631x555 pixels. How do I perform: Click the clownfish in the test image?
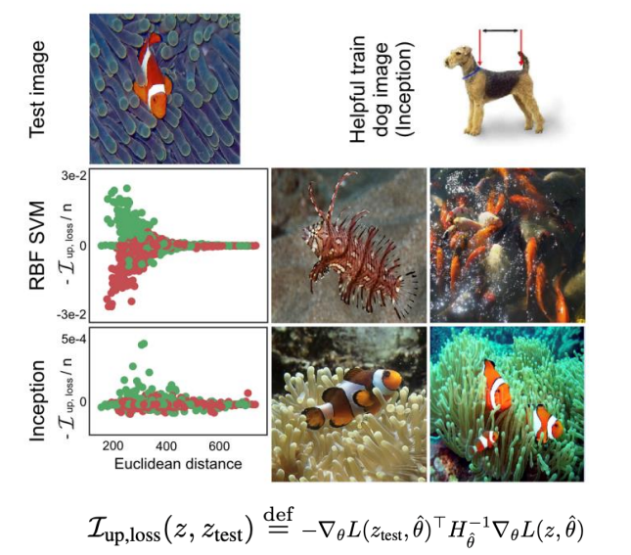pos(153,76)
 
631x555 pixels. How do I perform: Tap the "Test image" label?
pos(37,90)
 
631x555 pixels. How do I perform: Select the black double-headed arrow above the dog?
pos(500,30)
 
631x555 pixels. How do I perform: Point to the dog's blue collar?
pos(471,73)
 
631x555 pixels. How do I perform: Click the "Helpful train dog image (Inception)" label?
pos(382,89)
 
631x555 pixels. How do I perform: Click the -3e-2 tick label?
pos(71,314)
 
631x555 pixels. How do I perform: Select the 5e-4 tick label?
pos(73,339)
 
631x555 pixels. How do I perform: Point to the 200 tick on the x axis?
pos(113,446)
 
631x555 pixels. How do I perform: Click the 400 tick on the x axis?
pos(166,446)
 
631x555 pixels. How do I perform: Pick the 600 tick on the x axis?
pos(219,446)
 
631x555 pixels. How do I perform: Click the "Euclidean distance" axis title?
pos(178,464)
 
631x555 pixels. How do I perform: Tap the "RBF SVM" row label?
pos(37,246)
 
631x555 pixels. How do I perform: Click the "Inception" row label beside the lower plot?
pos(37,400)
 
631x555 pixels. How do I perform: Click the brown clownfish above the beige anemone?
pos(352,396)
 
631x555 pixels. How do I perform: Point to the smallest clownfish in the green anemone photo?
pos(484,441)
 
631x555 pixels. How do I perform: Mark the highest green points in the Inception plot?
pos(143,344)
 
